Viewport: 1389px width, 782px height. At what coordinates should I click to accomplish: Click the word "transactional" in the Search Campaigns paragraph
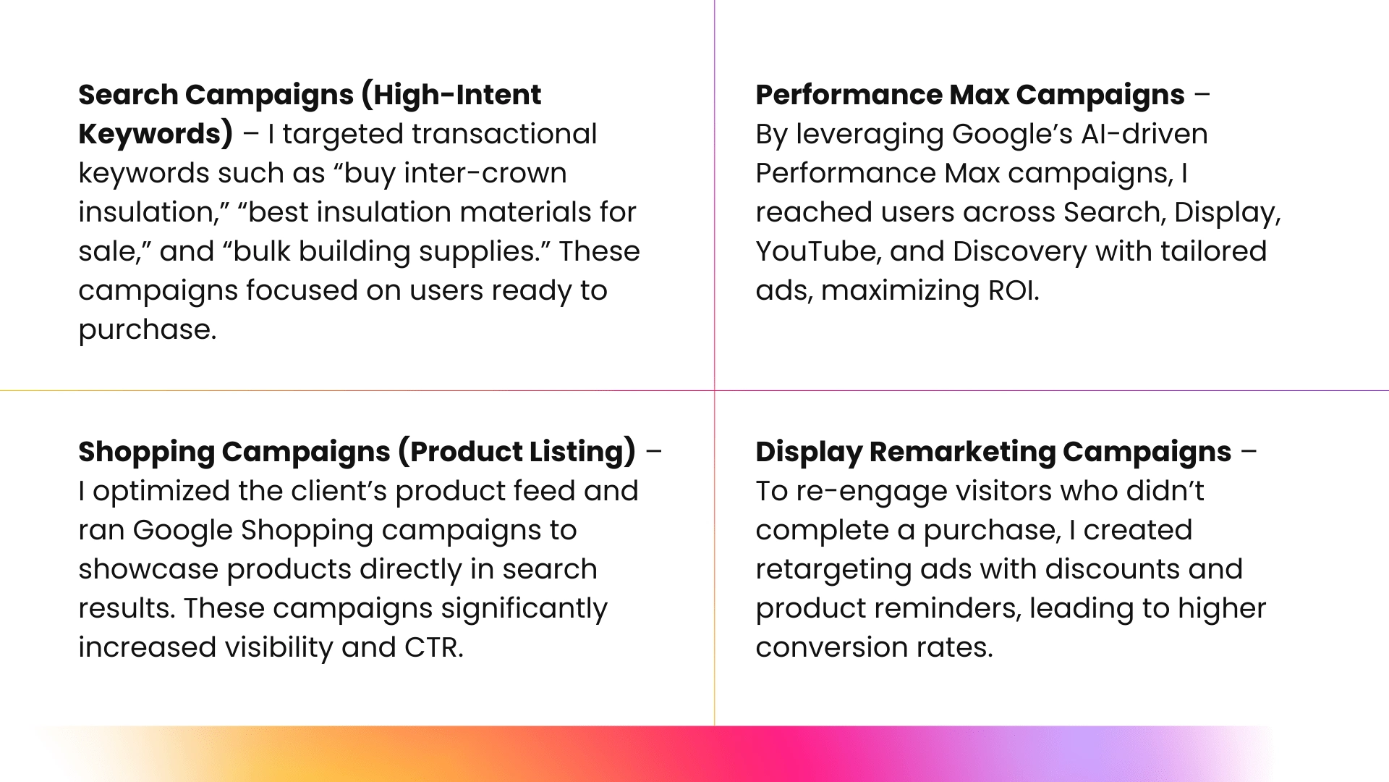[504, 134]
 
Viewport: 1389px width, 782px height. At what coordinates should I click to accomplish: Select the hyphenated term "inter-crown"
[485, 173]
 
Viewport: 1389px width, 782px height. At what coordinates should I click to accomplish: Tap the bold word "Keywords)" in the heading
[156, 135]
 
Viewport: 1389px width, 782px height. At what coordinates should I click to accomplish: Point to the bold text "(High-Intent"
[451, 95]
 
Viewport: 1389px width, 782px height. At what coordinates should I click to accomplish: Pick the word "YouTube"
[817, 251]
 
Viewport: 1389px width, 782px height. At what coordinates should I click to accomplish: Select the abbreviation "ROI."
[1014, 290]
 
